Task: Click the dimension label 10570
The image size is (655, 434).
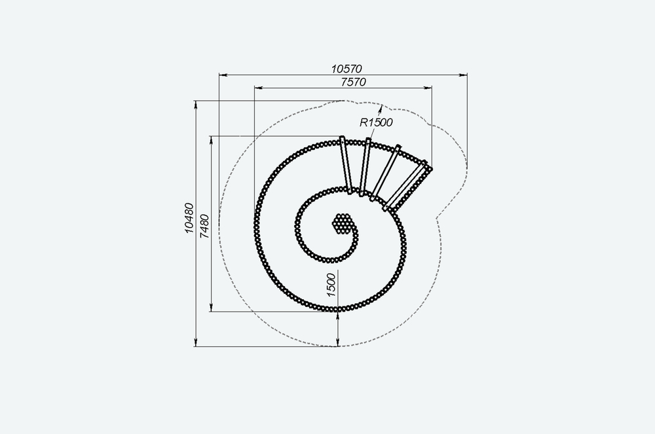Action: (x=346, y=69)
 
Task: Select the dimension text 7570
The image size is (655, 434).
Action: (x=353, y=82)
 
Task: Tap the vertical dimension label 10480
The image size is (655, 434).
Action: (x=189, y=218)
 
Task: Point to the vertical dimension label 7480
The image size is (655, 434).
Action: (x=204, y=226)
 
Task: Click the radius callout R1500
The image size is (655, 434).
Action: (x=376, y=122)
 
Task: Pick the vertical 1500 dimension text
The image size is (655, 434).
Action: (x=331, y=285)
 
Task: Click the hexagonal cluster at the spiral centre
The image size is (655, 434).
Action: (x=342, y=224)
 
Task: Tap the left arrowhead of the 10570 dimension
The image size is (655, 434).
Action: (x=223, y=75)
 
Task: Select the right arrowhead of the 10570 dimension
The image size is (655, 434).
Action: (x=463, y=75)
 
